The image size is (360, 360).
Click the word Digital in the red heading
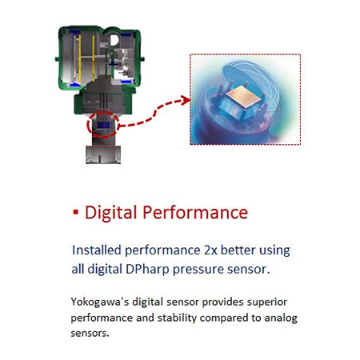click(110, 213)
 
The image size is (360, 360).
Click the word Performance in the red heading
click(195, 212)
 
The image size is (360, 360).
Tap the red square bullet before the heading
click(76, 212)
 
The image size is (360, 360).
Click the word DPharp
click(147, 269)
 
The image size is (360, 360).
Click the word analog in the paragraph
click(281, 318)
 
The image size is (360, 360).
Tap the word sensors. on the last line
click(90, 333)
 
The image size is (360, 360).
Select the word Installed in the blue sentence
click(97, 250)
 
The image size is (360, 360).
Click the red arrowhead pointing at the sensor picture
click(186, 101)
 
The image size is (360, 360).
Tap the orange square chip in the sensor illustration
click(243, 97)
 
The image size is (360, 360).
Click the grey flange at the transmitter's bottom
click(103, 154)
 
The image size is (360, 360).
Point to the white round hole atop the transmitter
click(114, 40)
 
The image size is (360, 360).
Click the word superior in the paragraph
click(267, 302)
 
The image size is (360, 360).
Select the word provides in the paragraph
click(222, 302)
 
